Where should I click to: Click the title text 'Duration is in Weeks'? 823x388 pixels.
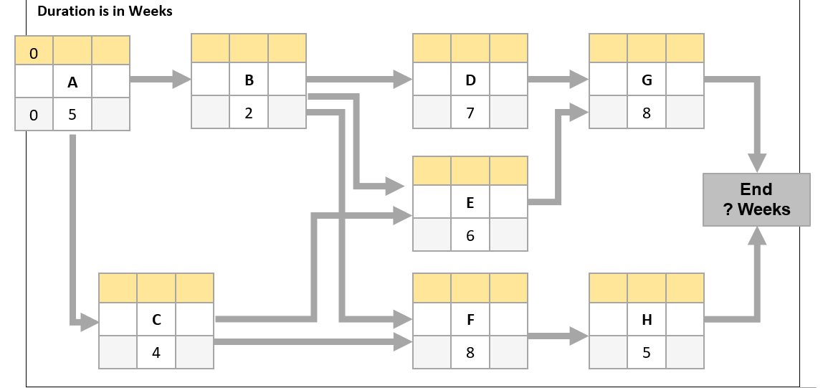click(105, 11)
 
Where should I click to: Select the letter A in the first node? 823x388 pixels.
click(72, 82)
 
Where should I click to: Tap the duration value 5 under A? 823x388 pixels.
click(72, 115)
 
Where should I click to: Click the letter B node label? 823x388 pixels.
click(249, 80)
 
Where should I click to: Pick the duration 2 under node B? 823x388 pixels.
click(249, 113)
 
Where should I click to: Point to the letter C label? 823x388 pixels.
click(156, 320)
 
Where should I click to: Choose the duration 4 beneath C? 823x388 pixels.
click(156, 352)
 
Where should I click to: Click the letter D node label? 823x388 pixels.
click(470, 80)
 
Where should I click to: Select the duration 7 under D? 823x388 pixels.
click(470, 113)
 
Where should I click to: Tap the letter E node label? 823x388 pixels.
click(470, 203)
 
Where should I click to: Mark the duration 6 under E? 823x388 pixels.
click(470, 235)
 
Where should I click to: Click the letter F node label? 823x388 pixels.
click(470, 320)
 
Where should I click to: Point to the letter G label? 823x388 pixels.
click(647, 80)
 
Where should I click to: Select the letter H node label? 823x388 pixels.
click(647, 320)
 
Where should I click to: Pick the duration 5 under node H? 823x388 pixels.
click(647, 352)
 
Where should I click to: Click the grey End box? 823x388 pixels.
click(756, 199)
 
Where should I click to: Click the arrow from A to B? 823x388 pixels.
click(160, 80)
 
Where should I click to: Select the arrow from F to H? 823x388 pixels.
click(558, 334)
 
